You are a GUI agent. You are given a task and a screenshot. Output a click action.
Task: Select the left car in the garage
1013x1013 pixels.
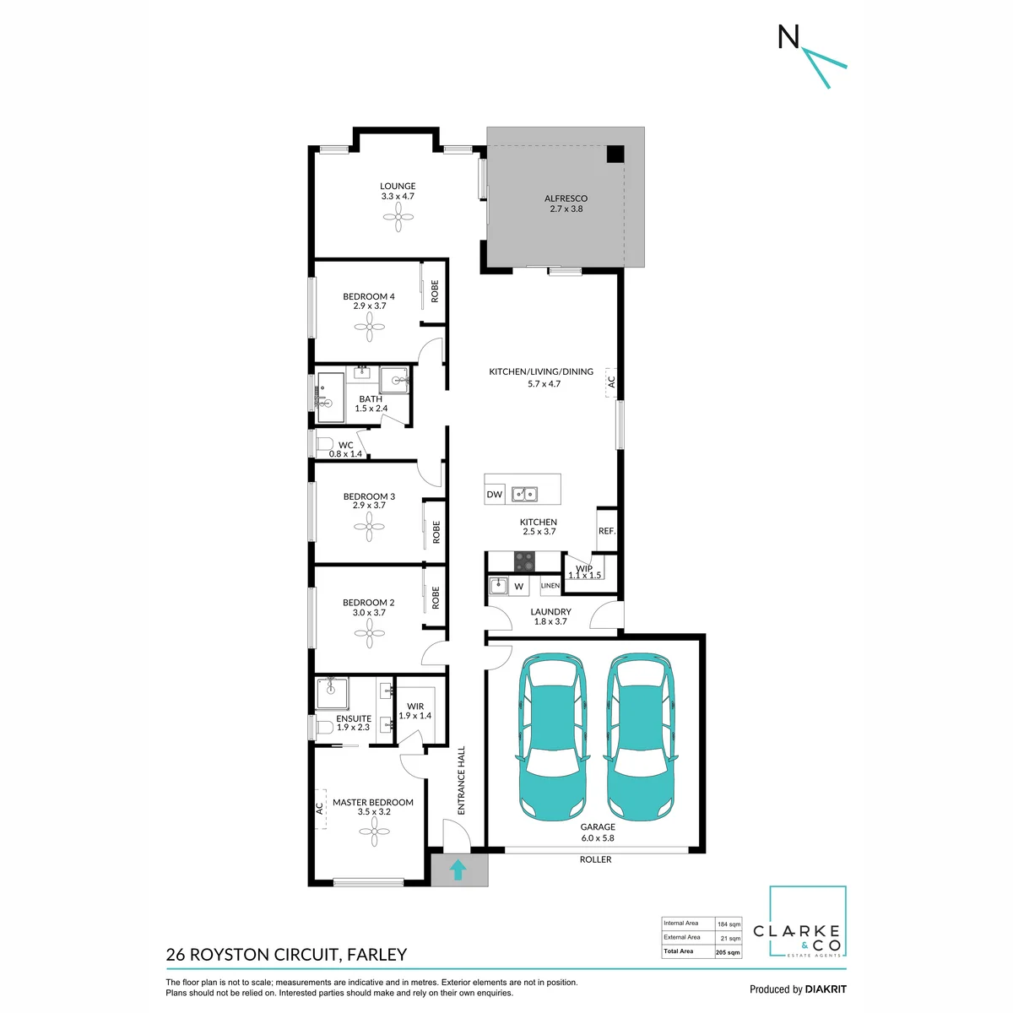tap(552, 736)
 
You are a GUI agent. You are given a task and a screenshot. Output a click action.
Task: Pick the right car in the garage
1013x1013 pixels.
tap(640, 736)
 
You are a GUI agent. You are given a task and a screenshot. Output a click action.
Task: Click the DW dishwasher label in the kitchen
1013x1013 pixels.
tap(494, 494)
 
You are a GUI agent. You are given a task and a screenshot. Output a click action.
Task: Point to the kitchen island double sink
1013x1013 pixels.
tap(524, 494)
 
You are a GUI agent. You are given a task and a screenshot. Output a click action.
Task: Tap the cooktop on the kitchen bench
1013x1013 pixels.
tap(523, 561)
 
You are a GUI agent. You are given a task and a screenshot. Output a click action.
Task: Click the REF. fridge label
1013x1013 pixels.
tap(607, 531)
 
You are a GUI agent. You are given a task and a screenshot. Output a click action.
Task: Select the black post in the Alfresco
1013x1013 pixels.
tap(615, 154)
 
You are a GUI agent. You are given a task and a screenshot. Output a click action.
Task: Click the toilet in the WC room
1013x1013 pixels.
tap(324, 444)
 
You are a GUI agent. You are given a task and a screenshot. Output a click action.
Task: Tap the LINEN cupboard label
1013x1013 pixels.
tap(550, 585)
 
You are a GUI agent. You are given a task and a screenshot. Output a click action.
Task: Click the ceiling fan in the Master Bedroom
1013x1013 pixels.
tap(374, 832)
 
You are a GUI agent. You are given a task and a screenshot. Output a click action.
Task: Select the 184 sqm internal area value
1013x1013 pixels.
tap(729, 924)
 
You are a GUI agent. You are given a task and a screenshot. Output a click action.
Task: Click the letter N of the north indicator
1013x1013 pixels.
tap(788, 37)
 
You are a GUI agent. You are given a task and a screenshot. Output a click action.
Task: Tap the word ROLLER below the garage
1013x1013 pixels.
tap(595, 859)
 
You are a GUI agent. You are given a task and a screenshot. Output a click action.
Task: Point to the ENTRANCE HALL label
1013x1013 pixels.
tap(461, 780)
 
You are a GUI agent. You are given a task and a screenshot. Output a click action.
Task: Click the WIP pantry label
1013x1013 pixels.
tap(584, 568)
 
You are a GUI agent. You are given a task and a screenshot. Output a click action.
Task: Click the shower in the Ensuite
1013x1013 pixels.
tap(331, 693)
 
